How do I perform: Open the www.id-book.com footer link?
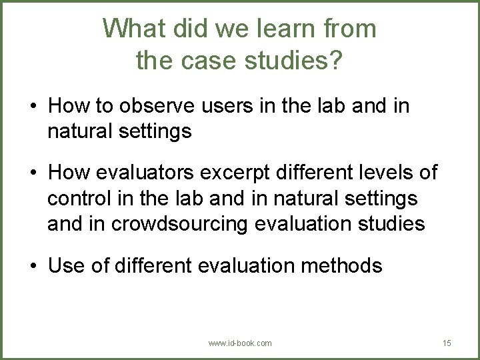click(240, 343)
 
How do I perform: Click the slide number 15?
click(447, 343)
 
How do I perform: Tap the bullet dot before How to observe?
click(32, 107)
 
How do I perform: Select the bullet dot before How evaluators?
click(32, 173)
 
